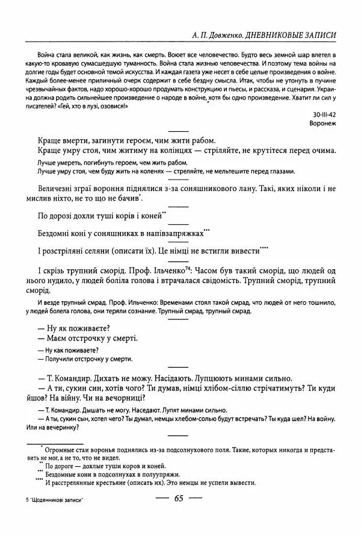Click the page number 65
click(179, 499)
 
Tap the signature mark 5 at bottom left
click(21, 501)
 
